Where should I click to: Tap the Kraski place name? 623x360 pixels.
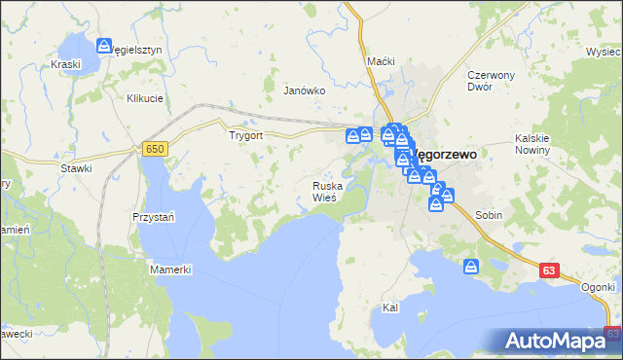click(64, 64)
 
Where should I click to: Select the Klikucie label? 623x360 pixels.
click(144, 98)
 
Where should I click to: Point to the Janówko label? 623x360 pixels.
click(303, 90)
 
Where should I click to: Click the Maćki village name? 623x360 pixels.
click(381, 61)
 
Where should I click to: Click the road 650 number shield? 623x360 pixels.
click(154, 148)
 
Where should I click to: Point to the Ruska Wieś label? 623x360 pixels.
click(325, 192)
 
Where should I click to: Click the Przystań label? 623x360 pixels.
click(152, 217)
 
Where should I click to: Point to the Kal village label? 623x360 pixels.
click(391, 307)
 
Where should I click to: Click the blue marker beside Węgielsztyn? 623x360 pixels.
click(104, 45)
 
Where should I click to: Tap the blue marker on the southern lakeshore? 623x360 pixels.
click(471, 266)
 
